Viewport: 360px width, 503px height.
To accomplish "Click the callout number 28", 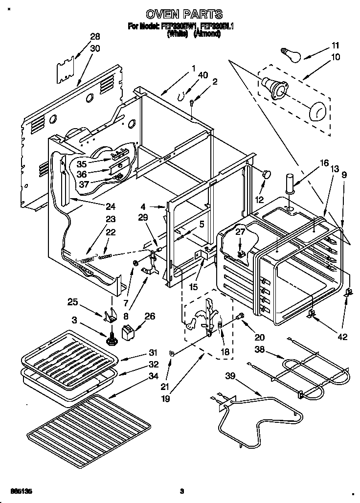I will pyautogui.click(x=95, y=37).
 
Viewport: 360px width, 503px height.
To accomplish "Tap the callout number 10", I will pyautogui.click(x=336, y=57).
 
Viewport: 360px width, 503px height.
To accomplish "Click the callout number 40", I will pyautogui.click(x=203, y=75).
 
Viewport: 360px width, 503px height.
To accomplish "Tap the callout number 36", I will pyautogui.click(x=82, y=174).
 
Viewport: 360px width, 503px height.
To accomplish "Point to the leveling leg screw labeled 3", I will pyautogui.click(x=111, y=339).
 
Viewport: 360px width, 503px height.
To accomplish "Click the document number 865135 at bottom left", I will pyautogui.click(x=19, y=491).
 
